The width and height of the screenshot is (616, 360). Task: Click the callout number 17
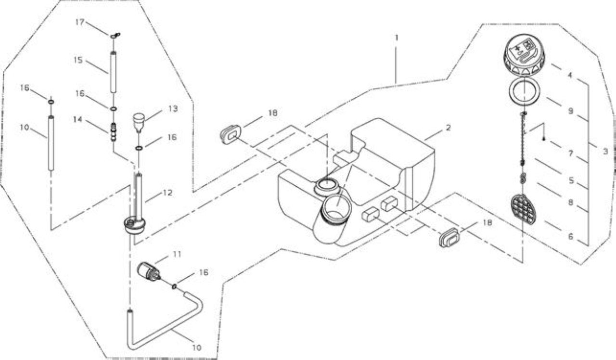pos(80,22)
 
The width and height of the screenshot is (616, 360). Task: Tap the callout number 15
pos(78,60)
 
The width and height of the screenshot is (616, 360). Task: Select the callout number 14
pos(78,119)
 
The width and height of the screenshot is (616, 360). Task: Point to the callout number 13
pos(173,109)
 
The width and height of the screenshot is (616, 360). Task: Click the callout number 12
pos(167,193)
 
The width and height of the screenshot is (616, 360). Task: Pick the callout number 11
pos(177,254)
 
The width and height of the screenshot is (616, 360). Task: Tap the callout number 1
pos(396,38)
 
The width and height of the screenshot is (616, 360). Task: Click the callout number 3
pos(605,151)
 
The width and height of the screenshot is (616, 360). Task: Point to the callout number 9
pos(571,111)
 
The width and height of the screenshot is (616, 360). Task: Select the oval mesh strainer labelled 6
pos(524,209)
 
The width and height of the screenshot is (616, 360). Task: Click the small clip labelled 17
pos(115,35)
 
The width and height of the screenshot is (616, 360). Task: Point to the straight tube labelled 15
pos(113,72)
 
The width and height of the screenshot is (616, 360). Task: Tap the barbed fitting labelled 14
pos(113,132)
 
